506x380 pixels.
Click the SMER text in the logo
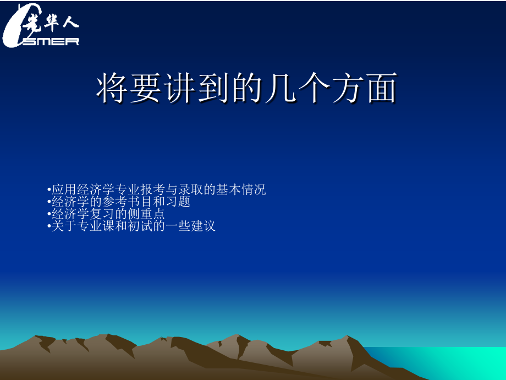point(51,41)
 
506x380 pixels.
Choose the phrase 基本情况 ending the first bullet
point(241,190)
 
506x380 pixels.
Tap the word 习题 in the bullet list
point(179,202)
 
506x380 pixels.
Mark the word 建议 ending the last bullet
point(204,226)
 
